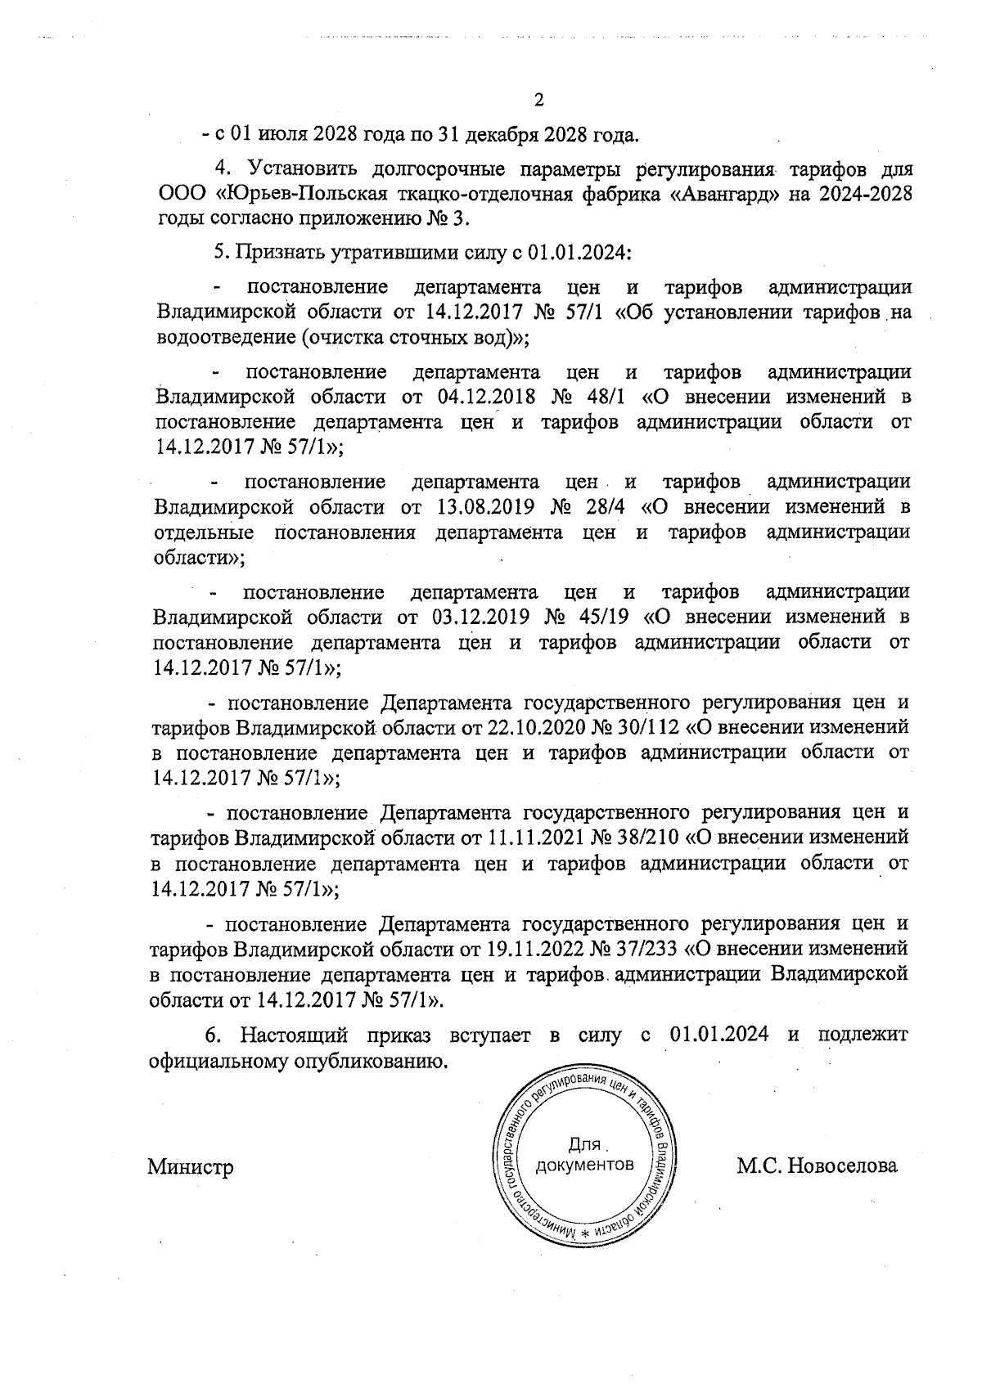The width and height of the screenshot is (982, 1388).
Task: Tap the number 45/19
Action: click(x=608, y=616)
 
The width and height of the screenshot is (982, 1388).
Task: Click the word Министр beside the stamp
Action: click(x=190, y=1166)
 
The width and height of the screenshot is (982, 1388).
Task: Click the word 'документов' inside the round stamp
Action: click(x=583, y=1164)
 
